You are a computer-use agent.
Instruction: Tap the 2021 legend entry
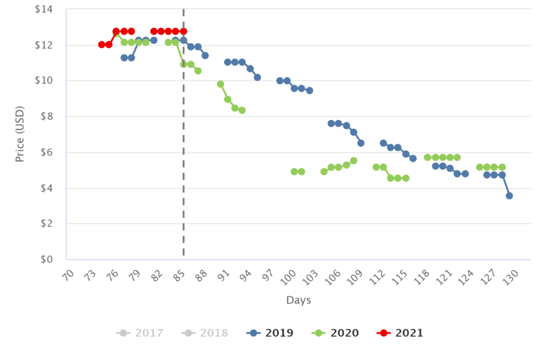[402, 333]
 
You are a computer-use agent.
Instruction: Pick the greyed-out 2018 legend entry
[206, 333]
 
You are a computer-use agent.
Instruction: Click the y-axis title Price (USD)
[20, 134]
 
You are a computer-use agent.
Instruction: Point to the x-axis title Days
[298, 300]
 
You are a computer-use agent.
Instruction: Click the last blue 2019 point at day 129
[509, 196]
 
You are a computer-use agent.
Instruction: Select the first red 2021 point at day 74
[101, 45]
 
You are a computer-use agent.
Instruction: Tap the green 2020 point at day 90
[220, 84]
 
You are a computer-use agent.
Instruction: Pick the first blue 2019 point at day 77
[124, 58]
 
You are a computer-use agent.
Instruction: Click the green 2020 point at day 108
[354, 160]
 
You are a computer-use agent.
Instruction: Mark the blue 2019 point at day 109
[361, 143]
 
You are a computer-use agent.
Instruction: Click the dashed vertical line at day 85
[184, 158]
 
